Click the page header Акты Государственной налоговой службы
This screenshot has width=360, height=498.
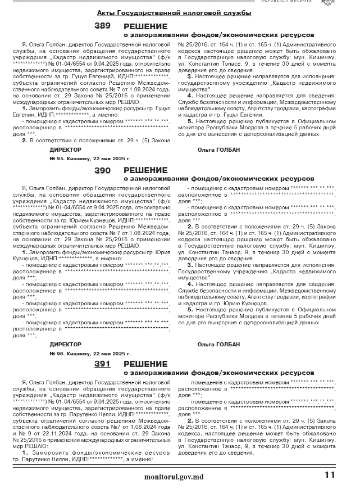click(174, 12)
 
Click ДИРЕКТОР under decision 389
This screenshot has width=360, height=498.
click(65, 150)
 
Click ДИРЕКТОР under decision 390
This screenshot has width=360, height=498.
click(65, 344)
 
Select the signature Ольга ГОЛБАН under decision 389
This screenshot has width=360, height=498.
click(218, 150)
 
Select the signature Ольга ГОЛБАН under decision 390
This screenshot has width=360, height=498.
click(218, 344)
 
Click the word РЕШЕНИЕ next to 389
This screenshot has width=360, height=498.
click(145, 26)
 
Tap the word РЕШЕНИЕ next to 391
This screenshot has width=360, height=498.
click(145, 364)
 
